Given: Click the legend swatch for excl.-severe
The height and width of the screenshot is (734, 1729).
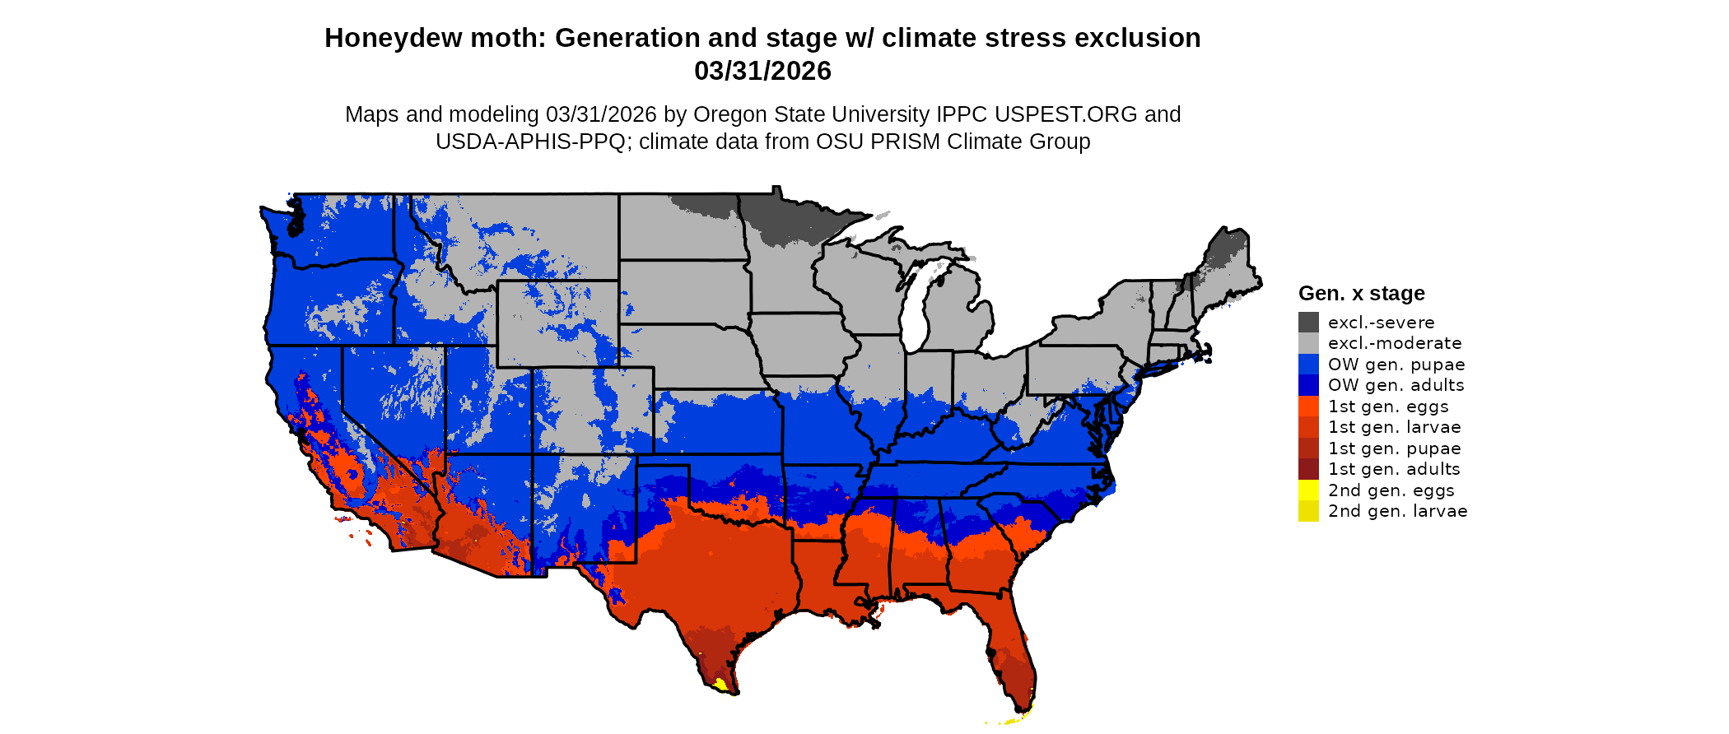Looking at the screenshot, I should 1308,323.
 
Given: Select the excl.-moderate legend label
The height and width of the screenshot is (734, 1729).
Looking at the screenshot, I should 1395,343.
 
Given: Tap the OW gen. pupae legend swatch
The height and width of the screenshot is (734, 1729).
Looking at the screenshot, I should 1308,365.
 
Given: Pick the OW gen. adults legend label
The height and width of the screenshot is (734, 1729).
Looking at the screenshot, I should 1396,385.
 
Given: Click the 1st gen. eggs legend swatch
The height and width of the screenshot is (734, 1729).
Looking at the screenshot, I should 1308,406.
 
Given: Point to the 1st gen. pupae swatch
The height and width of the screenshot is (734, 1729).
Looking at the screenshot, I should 1308,448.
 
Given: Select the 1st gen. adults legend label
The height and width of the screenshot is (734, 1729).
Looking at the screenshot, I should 1394,469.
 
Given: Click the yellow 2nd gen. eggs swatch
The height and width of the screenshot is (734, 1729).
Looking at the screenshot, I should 1308,490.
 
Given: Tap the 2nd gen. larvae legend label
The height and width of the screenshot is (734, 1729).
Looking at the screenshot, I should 1397,511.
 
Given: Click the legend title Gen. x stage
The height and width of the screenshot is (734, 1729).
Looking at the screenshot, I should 1361,294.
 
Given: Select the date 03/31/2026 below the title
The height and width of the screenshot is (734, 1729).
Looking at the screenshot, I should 762,72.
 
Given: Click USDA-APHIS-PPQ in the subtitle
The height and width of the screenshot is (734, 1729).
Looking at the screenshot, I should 530,142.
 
